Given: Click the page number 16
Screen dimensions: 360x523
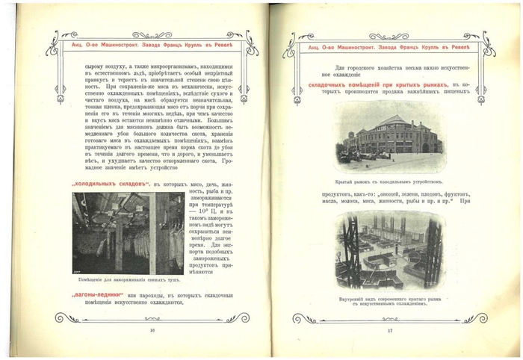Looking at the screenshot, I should [152, 329].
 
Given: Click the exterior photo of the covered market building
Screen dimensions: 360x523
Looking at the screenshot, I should [390, 134].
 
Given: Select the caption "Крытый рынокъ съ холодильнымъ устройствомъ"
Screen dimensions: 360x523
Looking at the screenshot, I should [390, 181].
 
